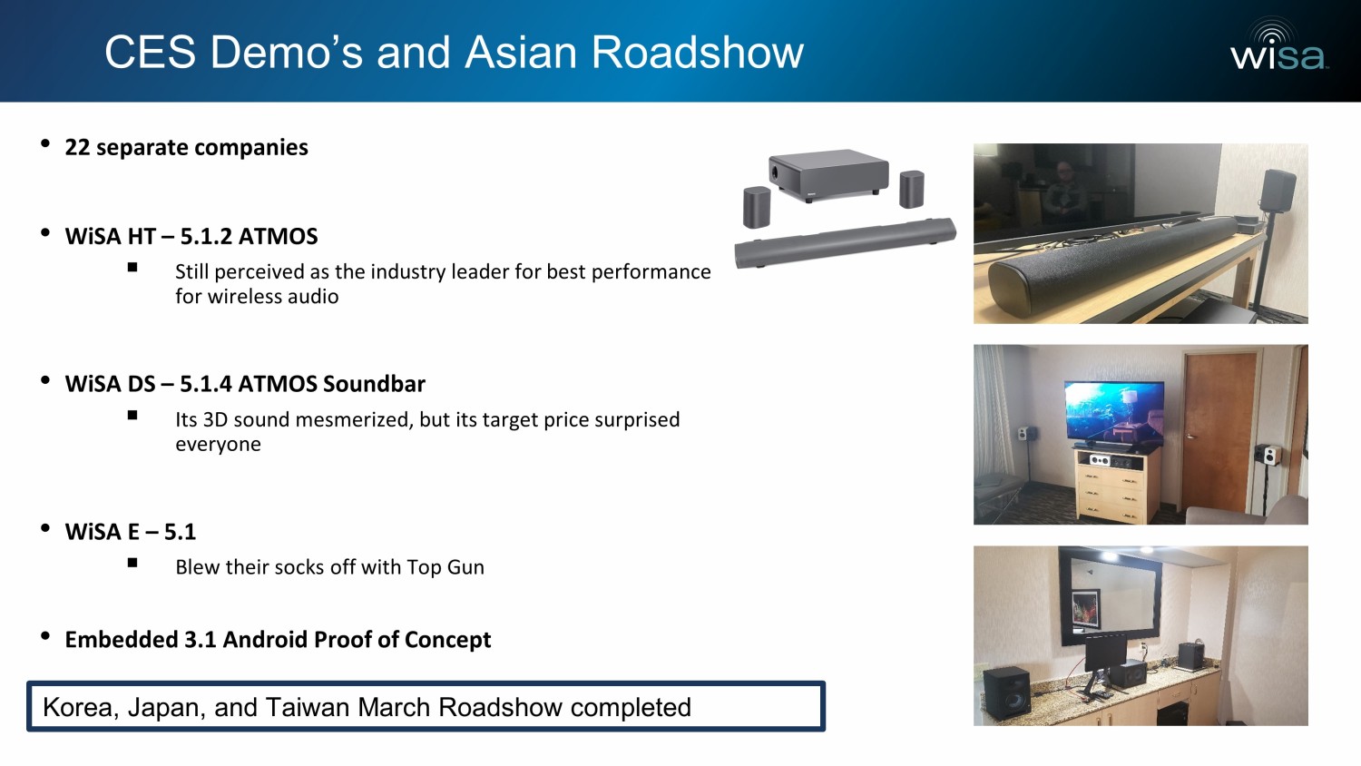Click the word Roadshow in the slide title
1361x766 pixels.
[698, 53]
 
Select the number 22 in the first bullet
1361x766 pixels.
[77, 147]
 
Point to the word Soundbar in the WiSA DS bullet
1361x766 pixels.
[374, 384]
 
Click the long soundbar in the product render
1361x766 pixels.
[845, 242]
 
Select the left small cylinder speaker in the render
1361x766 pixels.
[757, 207]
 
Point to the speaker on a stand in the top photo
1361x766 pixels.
[1276, 231]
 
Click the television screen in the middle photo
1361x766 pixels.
[1114, 412]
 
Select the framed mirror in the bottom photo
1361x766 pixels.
[1111, 595]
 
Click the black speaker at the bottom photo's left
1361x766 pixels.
[1006, 692]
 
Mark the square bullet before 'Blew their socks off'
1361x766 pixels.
[132, 563]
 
